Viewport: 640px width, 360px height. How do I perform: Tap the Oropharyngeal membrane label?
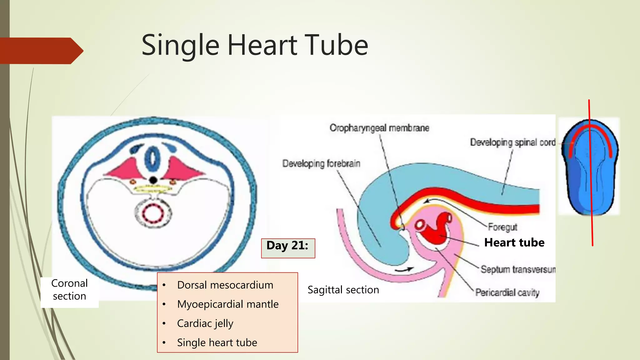[x=379, y=128]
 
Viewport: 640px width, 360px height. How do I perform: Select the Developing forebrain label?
[x=321, y=163]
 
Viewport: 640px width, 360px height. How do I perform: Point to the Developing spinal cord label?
[x=512, y=142]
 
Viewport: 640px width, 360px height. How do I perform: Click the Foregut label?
[x=502, y=227]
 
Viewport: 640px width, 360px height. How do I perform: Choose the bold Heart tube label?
[x=514, y=242]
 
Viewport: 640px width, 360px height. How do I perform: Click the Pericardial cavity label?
[x=507, y=292]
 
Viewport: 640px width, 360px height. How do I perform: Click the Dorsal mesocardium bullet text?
[x=225, y=285]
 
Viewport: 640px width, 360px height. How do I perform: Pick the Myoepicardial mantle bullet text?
[x=227, y=304]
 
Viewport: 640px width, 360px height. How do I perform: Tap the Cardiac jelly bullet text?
[x=205, y=323]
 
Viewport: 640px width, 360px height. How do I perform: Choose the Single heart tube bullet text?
[x=217, y=342]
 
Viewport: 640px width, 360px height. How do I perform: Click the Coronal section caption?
[x=69, y=290]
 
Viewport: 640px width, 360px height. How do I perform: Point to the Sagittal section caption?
[x=343, y=290]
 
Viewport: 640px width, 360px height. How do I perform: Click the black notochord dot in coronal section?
[x=153, y=180]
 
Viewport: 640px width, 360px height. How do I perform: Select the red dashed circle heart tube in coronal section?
[x=153, y=214]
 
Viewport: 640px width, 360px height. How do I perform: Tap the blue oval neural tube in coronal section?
[x=153, y=158]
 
